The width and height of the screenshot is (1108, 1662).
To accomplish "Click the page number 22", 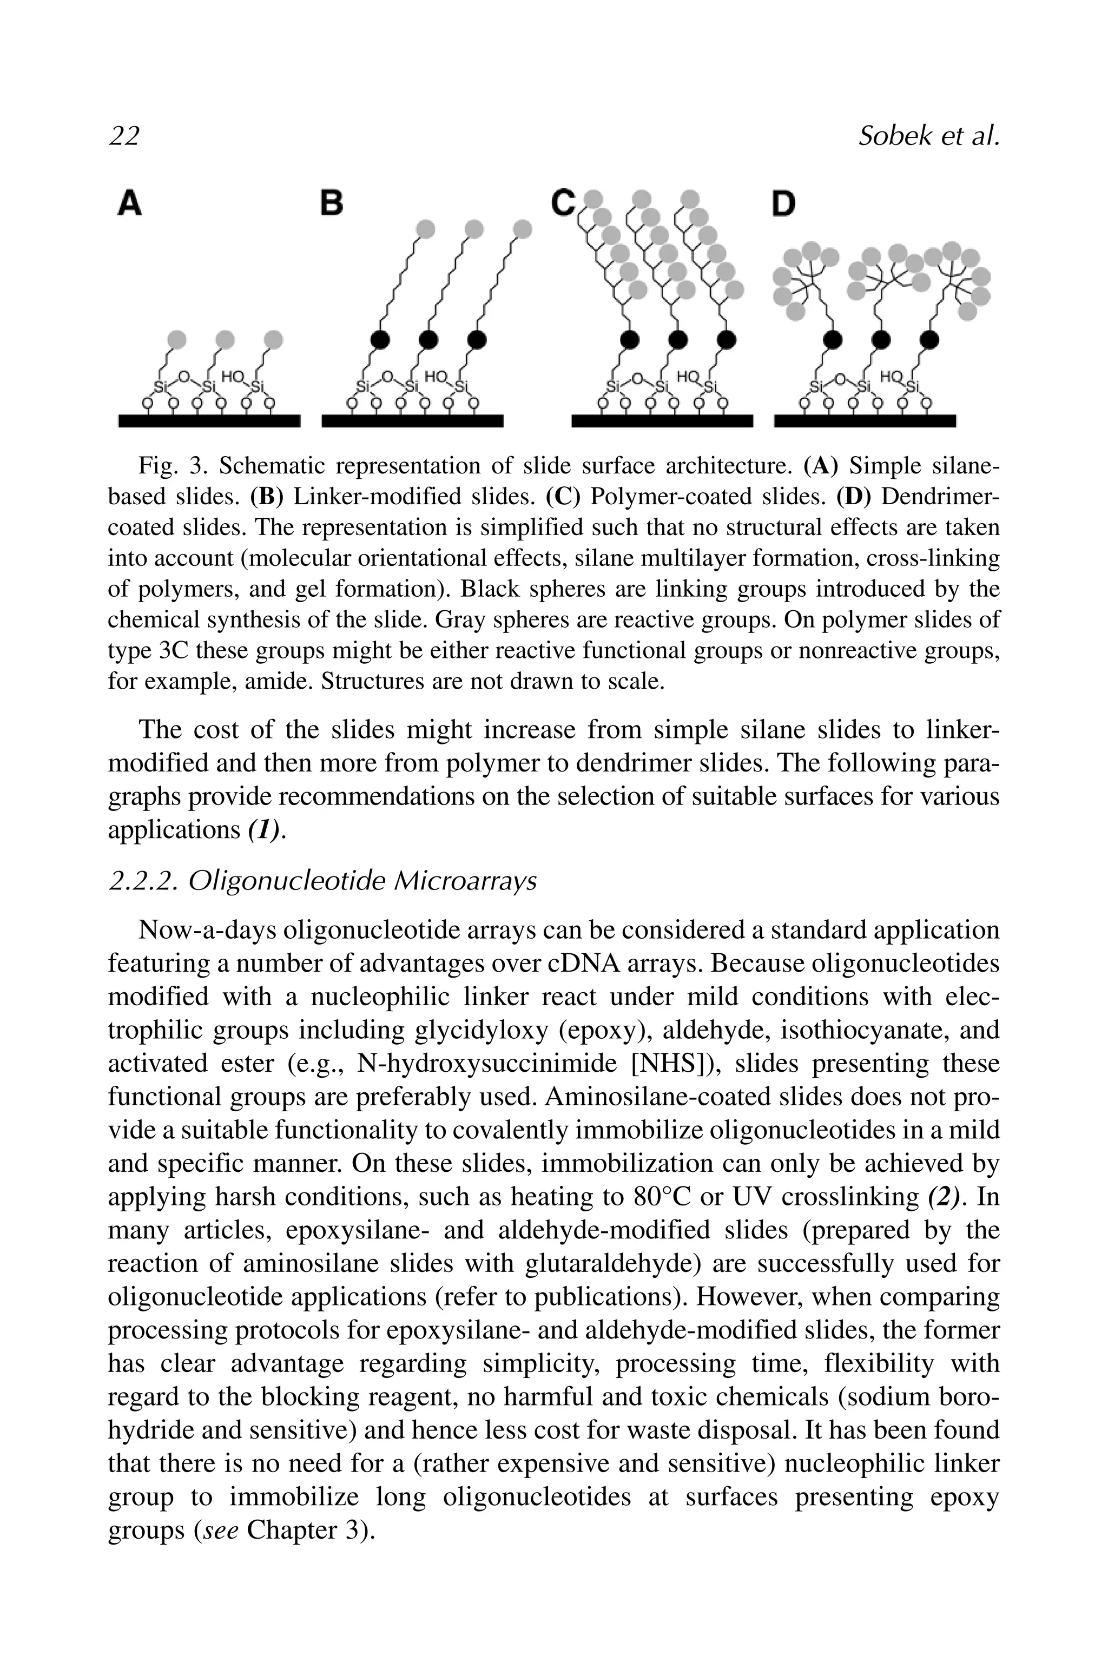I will (x=124, y=136).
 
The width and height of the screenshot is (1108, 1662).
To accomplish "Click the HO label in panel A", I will (x=231, y=377).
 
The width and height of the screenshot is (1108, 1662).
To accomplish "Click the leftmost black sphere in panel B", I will (x=381, y=340).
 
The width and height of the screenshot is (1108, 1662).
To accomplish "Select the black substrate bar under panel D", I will (x=865, y=421).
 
